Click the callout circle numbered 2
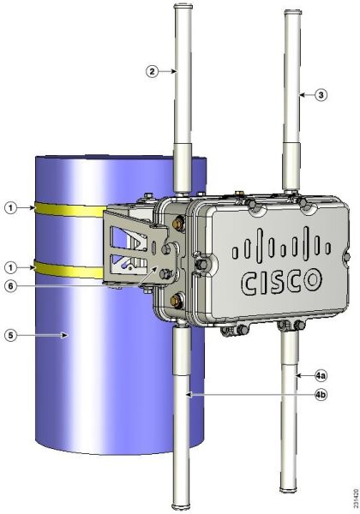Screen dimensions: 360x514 152,71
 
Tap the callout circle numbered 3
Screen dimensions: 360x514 321,95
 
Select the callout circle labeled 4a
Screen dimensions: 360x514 321,376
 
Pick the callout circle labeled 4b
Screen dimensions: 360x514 321,395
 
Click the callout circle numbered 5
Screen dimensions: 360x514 11,335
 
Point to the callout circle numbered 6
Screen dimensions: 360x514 11,286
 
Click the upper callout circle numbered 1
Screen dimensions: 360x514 11,207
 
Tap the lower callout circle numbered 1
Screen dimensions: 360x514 11,268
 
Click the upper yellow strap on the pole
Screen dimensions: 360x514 69,209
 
